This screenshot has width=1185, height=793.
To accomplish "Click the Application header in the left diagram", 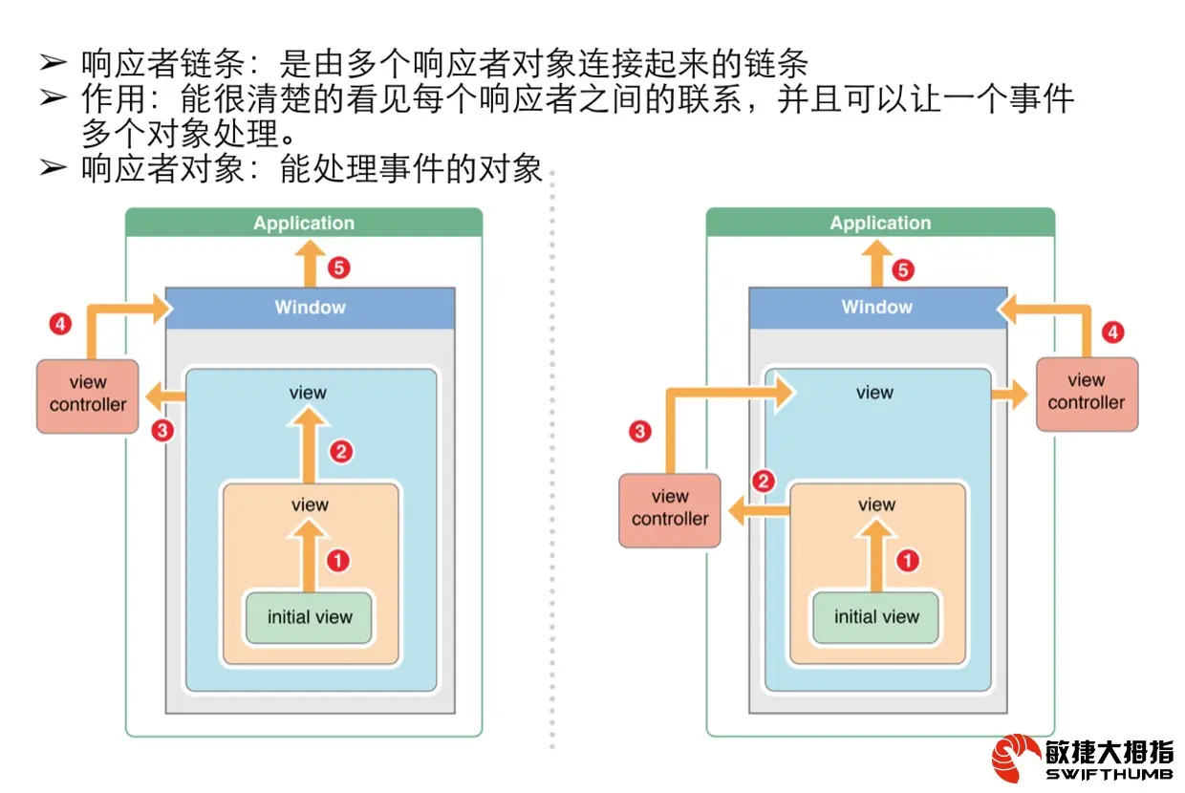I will click(x=304, y=223).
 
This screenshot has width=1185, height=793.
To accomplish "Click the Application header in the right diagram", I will click(x=880, y=223).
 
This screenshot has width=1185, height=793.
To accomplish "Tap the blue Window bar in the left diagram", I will click(x=311, y=308).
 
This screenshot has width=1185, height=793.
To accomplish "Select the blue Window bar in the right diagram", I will click(x=877, y=308).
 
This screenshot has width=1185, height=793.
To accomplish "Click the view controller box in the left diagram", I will click(x=88, y=395).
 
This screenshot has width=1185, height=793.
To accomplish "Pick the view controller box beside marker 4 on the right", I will click(x=1087, y=392).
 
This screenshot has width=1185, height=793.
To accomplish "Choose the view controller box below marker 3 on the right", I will click(x=670, y=508).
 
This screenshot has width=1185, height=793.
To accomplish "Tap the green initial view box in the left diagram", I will click(x=310, y=617).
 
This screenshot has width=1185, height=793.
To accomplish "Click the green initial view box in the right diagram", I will click(x=876, y=617).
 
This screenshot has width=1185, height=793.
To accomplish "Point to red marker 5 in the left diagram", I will click(x=339, y=268).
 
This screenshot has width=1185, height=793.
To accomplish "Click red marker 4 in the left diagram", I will click(x=60, y=325).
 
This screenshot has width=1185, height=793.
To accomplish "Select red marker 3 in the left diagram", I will click(x=163, y=430).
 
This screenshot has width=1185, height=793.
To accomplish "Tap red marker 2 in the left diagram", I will click(x=340, y=451).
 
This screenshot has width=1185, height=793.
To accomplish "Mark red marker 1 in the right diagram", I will click(x=907, y=560).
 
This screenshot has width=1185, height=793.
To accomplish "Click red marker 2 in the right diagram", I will click(x=763, y=482).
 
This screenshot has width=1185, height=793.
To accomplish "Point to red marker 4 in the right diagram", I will click(x=1112, y=332).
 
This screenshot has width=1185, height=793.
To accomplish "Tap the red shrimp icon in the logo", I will click(x=1015, y=759).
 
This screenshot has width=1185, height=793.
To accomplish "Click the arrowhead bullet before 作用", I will click(x=53, y=97).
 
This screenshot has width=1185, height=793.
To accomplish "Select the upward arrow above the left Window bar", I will click(x=310, y=262).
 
